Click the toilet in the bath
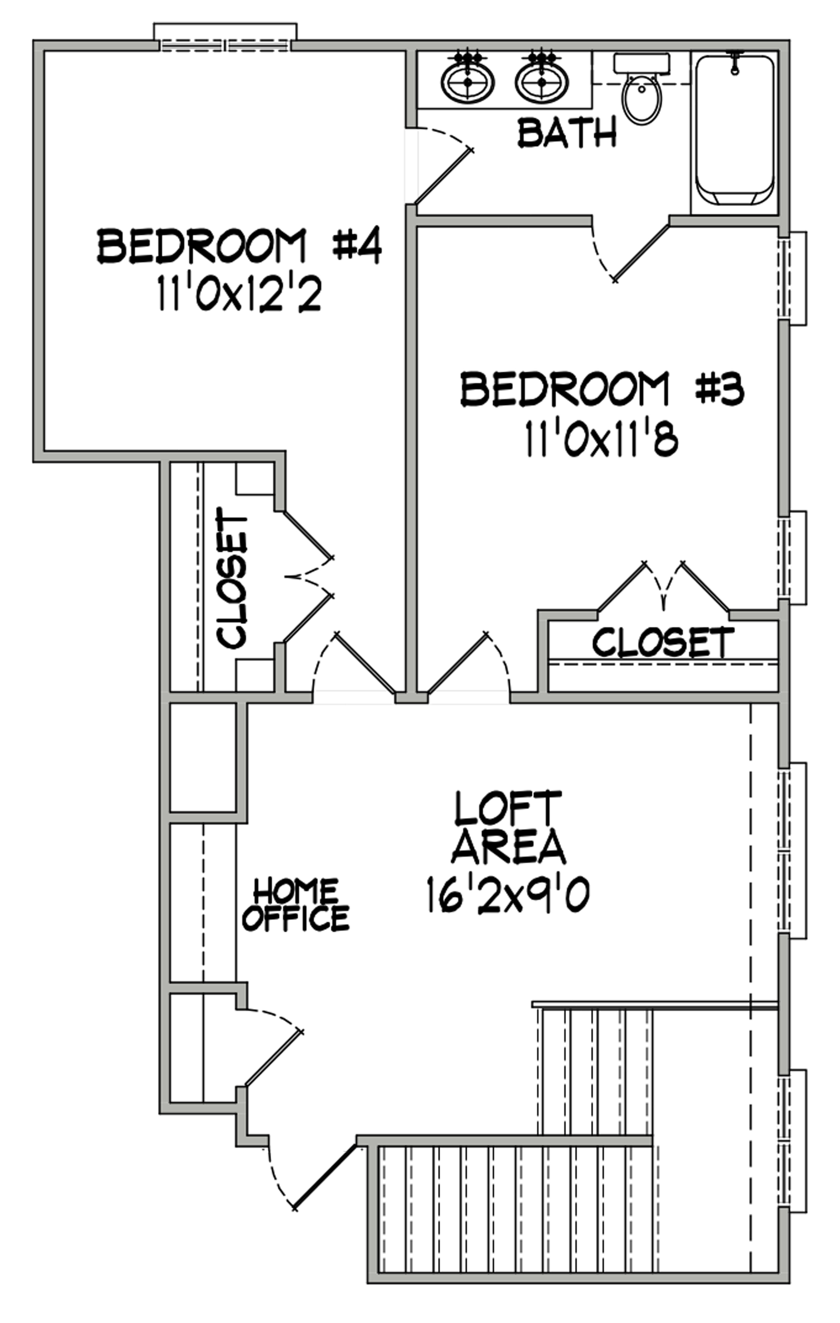(642, 88)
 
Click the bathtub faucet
(734, 62)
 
